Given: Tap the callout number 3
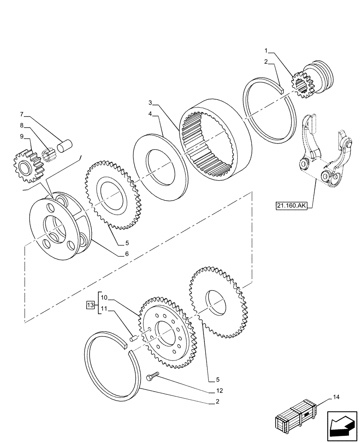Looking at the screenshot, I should [151, 102].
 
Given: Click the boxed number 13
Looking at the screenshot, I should [90, 305].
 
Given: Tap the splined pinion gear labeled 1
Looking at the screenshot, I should [303, 85].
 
